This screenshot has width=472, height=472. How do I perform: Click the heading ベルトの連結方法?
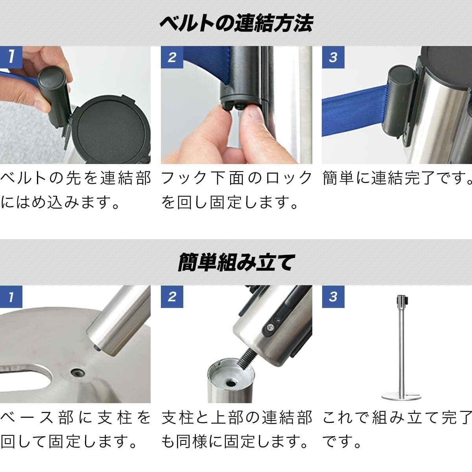coord(236,22)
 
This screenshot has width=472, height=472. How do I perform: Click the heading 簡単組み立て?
coord(236,262)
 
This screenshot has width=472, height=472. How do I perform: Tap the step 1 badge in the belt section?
coord(11,57)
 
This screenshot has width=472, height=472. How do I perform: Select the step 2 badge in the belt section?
coord(172,57)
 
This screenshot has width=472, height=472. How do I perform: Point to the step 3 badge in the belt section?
coord(333,57)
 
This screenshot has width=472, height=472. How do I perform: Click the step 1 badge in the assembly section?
coord(11,297)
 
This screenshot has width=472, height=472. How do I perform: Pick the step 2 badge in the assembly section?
coord(172,297)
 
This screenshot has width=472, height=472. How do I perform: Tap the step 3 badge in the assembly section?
coord(333,297)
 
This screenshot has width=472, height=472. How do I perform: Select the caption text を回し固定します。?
coord(230,203)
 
